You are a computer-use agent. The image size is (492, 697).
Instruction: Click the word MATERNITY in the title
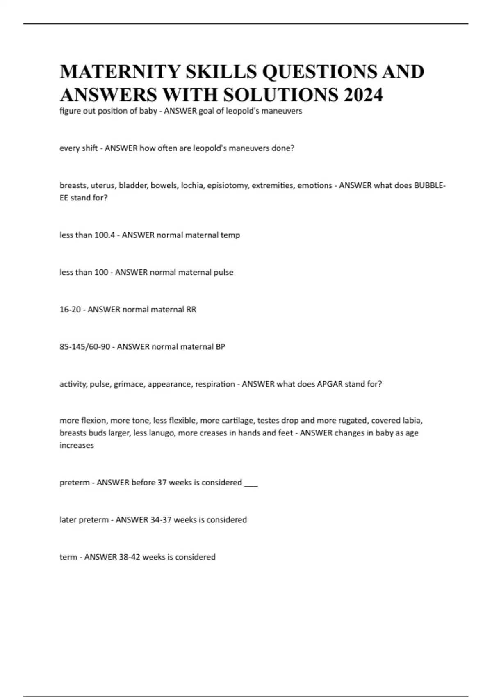click(120, 72)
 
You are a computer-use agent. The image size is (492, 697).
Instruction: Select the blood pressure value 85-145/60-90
click(85, 347)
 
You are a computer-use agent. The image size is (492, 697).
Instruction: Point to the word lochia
click(192, 185)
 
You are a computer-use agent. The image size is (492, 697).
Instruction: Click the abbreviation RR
click(191, 310)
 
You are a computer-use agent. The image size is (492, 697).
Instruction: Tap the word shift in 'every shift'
click(89, 148)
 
